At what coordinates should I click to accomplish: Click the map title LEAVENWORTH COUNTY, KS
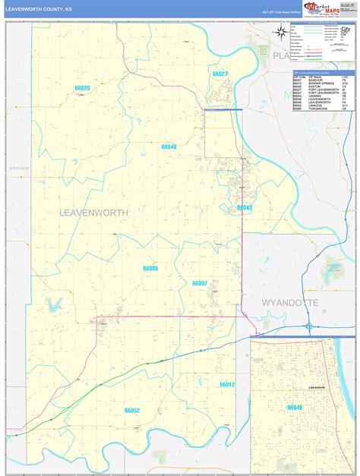tap(39, 10)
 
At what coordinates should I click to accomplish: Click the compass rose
tap(282, 32)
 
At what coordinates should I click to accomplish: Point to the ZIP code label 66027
tap(220, 74)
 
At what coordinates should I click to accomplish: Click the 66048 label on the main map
tap(169, 147)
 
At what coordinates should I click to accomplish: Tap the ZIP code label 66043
tap(244, 207)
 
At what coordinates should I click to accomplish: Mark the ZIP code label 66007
tap(200, 283)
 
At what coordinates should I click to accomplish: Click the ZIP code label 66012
tap(227, 385)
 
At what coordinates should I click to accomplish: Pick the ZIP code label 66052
tap(132, 410)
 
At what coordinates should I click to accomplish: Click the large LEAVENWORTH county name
tap(93, 213)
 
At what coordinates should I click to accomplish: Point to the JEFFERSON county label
tap(18, 168)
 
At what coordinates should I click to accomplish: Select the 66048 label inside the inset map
tap(295, 408)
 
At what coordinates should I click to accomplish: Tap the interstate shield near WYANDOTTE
tap(310, 326)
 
